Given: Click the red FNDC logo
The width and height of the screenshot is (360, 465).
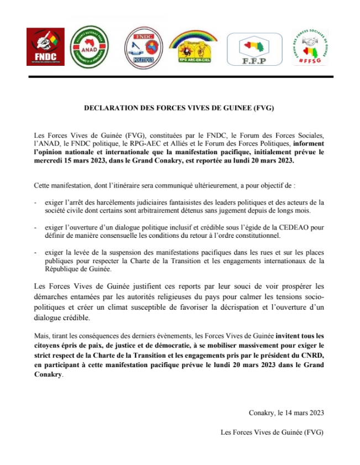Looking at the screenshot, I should coord(45,47).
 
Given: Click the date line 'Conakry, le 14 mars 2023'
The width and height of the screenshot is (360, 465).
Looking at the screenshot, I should coord(286,412).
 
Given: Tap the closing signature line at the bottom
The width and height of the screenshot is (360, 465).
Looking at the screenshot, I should coord(271,431).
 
